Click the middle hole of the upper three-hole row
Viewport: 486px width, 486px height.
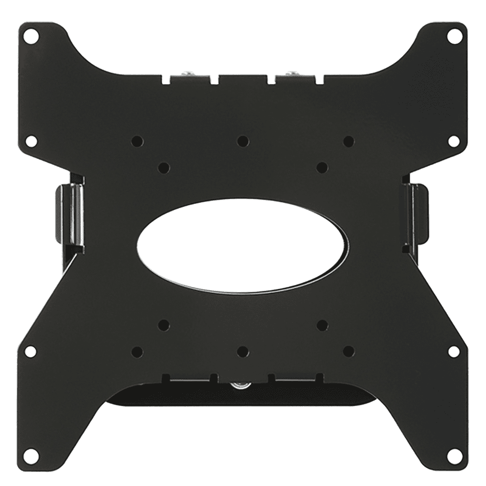click(243, 141)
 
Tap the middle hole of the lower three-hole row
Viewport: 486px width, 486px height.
click(243, 350)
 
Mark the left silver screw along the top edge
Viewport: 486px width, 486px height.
click(187, 74)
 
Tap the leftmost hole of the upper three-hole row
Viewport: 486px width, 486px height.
click(137, 141)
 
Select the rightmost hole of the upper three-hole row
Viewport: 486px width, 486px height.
click(348, 141)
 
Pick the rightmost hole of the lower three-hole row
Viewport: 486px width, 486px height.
click(348, 350)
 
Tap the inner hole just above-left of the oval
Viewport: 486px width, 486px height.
click(164, 168)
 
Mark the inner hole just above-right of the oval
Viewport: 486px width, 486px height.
click(321, 168)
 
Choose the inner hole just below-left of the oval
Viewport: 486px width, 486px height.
click(164, 324)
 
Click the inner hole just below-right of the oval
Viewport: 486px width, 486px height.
click(321, 324)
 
